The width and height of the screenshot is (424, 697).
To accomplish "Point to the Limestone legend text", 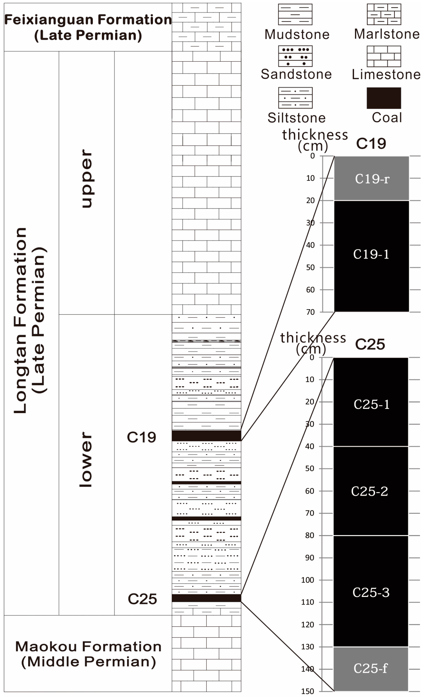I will pos(386,75).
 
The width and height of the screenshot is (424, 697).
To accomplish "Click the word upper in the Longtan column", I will pos(87,179).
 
